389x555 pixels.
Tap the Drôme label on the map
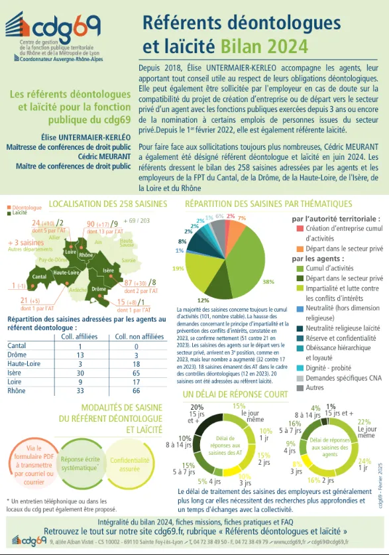click(x=99, y=289)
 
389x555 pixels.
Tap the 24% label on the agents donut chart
click(x=364, y=461)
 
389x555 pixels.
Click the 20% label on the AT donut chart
click(x=197, y=406)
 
